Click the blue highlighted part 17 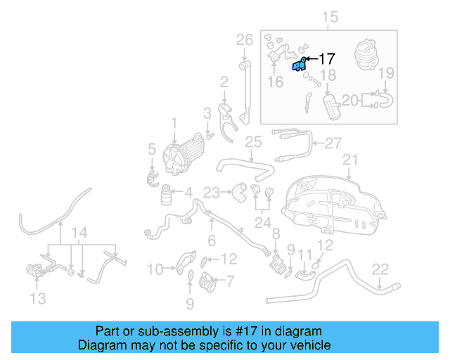point(298,65)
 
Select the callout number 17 point(328,59)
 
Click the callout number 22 point(380,268)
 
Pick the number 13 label point(38,298)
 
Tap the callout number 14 point(80,233)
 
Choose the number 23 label point(212,191)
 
